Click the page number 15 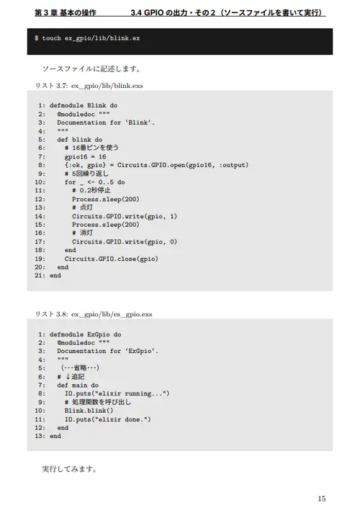[x=322, y=499]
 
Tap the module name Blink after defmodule [x=96, y=105]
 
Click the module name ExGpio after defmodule [x=99, y=334]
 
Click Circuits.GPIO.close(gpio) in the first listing [x=111, y=259]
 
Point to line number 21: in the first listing [x=40, y=275]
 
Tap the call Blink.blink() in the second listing [x=89, y=411]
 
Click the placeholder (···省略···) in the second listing [x=80, y=368]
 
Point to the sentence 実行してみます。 [x=70, y=469]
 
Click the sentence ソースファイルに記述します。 [x=91, y=69]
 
